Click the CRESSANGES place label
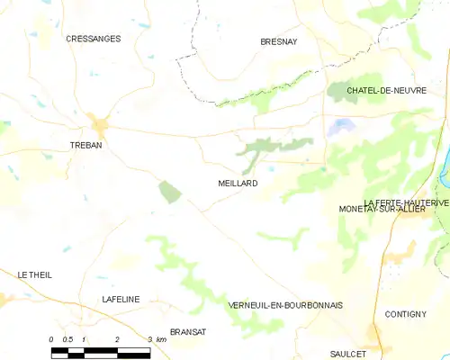[94, 39]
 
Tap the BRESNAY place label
[278, 41]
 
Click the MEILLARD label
[238, 183]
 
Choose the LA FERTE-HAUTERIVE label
[406, 202]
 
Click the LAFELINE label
[121, 300]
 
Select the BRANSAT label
[188, 331]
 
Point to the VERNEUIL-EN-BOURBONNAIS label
[285, 306]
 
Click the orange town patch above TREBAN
[98, 125]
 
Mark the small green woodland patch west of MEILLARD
[169, 191]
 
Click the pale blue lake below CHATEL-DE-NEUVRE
[341, 128]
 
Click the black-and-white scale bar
[100, 349]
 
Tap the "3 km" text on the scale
[156, 339]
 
